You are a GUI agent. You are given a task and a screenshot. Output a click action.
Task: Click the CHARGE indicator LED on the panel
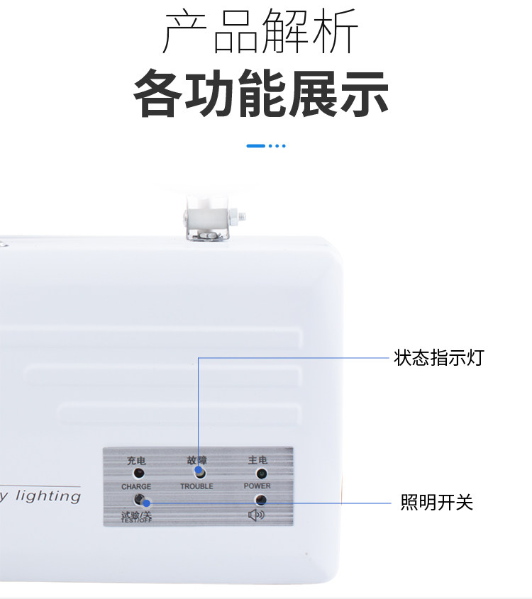[x=139, y=473]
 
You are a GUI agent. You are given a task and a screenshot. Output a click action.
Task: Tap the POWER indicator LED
[x=261, y=473]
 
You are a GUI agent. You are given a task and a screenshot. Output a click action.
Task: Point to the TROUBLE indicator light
[x=199, y=472]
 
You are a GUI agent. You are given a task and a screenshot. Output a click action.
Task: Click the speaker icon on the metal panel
[x=256, y=514]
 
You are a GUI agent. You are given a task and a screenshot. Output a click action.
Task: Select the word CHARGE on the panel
[x=136, y=487]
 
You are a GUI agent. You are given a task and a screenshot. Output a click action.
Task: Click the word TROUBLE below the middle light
[x=196, y=487]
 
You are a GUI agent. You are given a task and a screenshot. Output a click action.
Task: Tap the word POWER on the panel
[x=257, y=486]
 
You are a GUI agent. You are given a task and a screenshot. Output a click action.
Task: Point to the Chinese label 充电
[x=136, y=460]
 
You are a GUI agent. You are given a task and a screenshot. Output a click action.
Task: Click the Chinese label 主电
[x=257, y=460]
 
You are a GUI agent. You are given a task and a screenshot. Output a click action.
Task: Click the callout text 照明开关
[x=436, y=503]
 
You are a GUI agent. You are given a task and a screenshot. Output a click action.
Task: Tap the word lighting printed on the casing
[x=48, y=496]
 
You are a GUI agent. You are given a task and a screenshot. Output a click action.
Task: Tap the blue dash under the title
[x=256, y=146]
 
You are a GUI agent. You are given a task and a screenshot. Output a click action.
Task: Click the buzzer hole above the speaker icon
[x=261, y=499]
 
